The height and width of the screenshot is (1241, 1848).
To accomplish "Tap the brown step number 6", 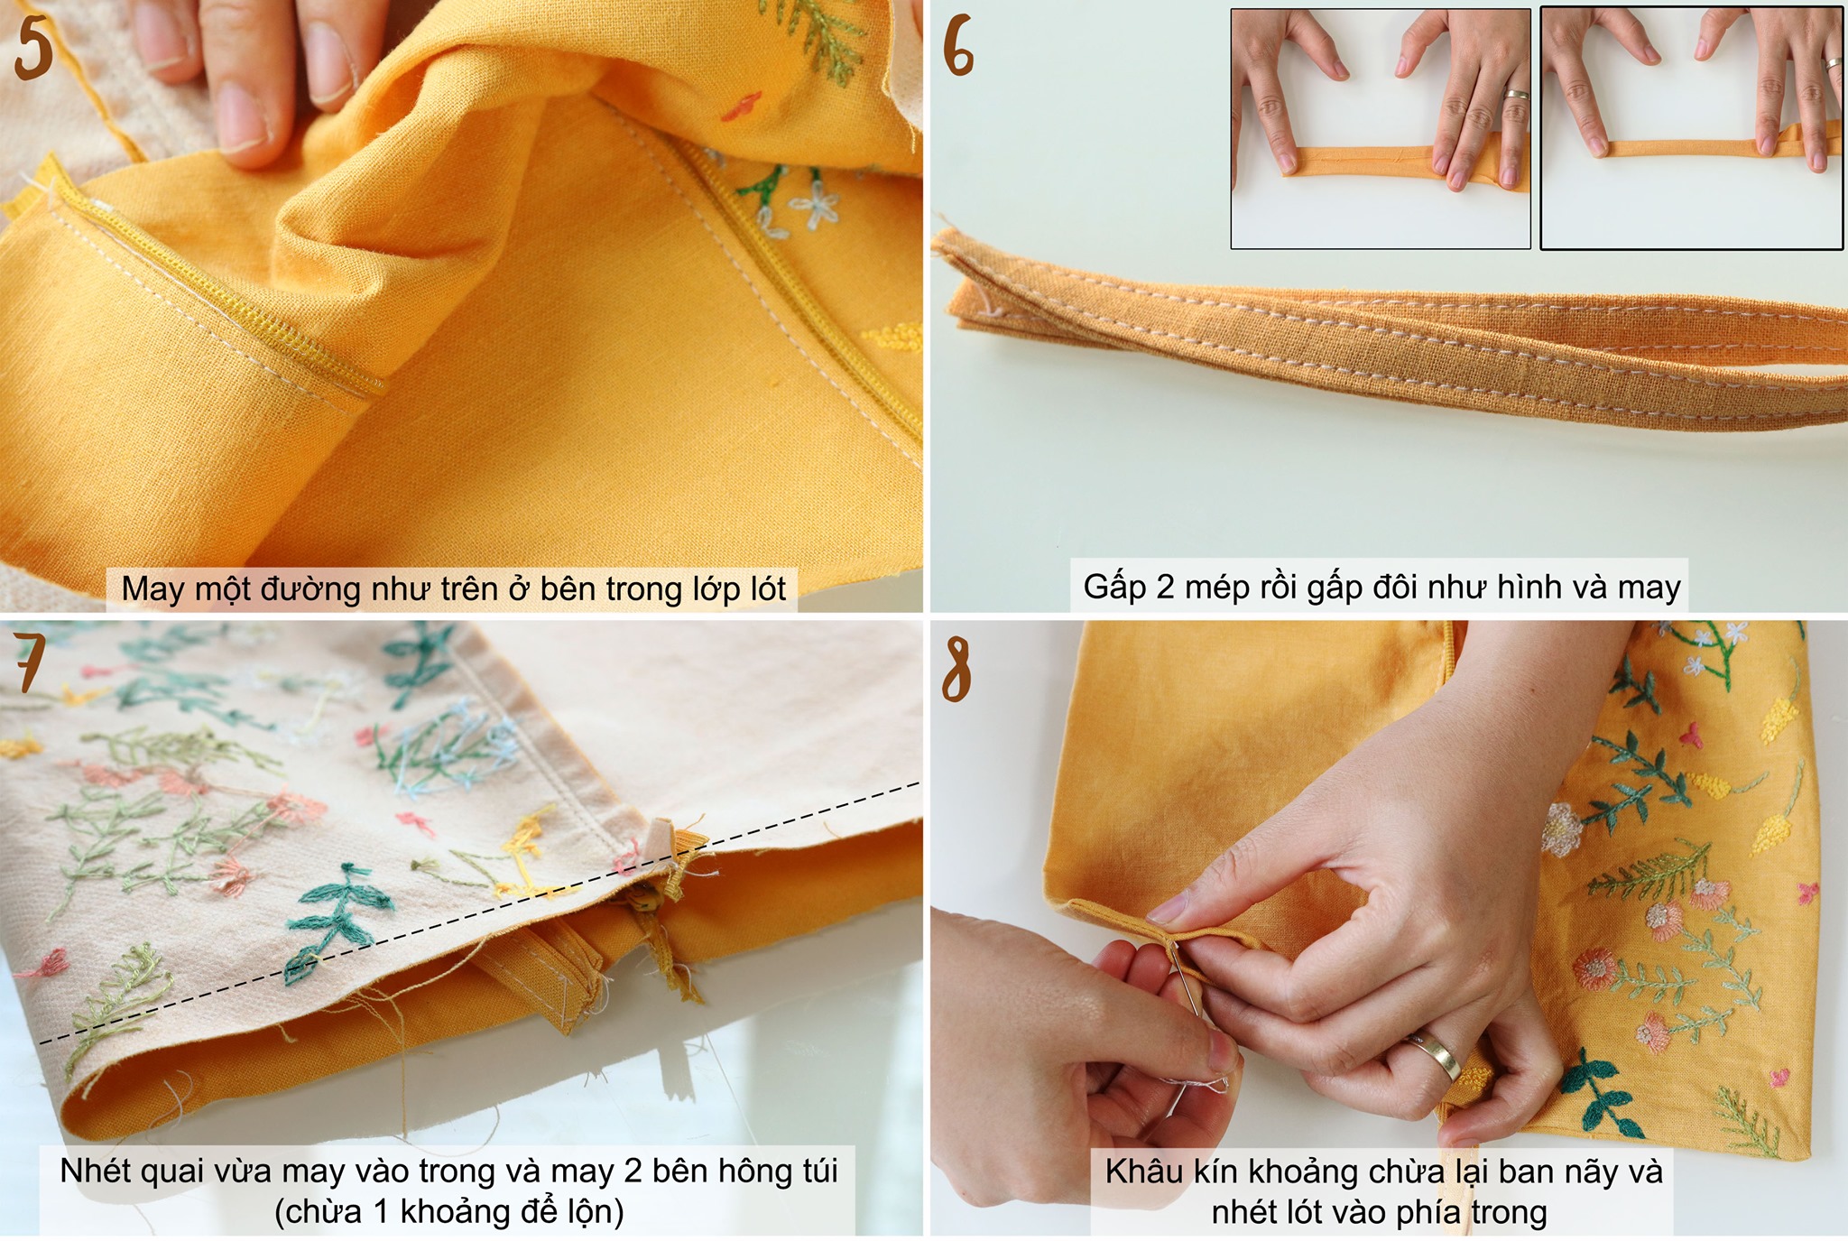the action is click(958, 47).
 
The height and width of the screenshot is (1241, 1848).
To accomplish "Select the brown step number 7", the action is click(29, 662).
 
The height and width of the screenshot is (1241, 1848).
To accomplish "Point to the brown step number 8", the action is click(956, 669).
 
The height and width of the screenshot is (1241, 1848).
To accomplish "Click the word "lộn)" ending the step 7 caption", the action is click(592, 1211).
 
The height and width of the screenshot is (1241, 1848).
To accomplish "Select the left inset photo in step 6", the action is click(1381, 128).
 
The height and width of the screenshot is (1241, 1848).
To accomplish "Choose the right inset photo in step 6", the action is click(1691, 127).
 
